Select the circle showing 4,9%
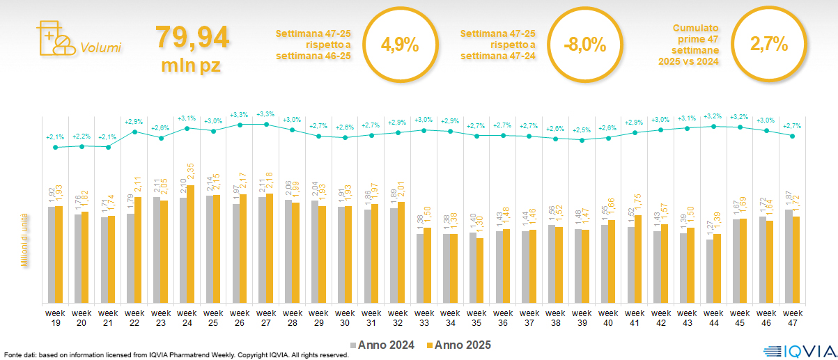pyautogui.click(x=400, y=46)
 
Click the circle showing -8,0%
pyautogui.click(x=584, y=46)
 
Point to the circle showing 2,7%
pyautogui.click(x=768, y=45)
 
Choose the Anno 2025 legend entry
pyautogui.click(x=459, y=345)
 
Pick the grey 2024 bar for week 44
pyautogui.click(x=710, y=271)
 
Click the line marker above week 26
pyautogui.click(x=240, y=125)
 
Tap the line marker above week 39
pyautogui.click(x=582, y=140)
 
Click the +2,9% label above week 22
pyautogui.click(x=134, y=122)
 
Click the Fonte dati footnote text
pyautogui.click(x=174, y=355)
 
